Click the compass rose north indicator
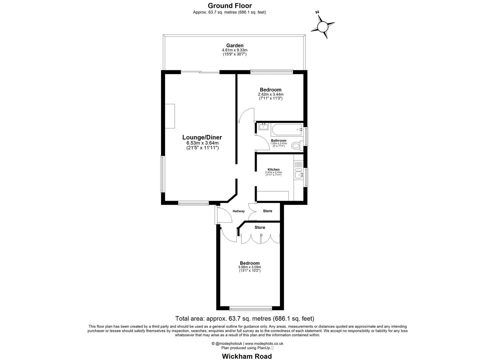(322, 26)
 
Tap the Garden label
(235, 45)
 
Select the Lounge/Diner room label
(202, 137)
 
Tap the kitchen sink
(299, 174)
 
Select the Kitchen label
(273, 169)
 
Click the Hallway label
(238, 211)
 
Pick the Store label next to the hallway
(267, 211)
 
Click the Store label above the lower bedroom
(260, 227)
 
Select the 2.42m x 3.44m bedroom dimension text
(270, 94)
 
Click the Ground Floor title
(230, 5)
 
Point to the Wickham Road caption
(247, 356)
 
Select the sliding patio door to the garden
(200, 72)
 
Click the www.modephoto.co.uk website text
(264, 343)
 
